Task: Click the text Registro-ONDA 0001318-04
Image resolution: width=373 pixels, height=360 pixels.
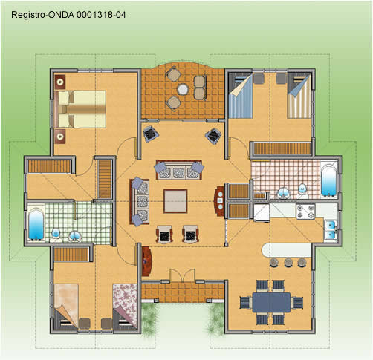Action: pos(68,15)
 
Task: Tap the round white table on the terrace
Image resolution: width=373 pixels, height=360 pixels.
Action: pos(183,89)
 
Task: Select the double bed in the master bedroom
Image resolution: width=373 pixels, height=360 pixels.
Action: pos(80,109)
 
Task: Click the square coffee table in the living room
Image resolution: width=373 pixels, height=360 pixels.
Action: pos(175,201)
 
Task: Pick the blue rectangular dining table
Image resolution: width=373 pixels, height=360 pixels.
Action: pos(271,302)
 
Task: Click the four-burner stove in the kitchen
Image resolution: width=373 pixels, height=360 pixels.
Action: pos(305,212)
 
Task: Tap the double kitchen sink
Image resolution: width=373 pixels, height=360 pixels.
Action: pos(331,230)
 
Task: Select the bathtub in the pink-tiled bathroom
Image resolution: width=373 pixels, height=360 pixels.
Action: pos(328,180)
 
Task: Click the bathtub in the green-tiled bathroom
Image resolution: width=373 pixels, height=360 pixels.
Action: pos(36,223)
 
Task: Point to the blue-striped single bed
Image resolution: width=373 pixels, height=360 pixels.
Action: pos(241,96)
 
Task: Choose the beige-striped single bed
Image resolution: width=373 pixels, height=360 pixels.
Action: pos(299,96)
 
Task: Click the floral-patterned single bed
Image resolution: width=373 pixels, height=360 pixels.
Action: pos(125,307)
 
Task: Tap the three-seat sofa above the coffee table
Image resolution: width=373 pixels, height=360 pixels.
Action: pos(179,170)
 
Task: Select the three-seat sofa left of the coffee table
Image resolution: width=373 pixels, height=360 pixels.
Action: pos(140,202)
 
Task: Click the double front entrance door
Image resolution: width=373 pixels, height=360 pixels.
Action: pos(183,275)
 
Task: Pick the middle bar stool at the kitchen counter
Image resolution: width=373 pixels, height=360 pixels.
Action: pos(288,262)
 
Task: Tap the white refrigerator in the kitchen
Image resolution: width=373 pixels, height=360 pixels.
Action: pos(262,212)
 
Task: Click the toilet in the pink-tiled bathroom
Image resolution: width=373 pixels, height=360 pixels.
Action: pos(302,192)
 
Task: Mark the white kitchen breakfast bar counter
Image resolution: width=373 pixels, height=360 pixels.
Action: pos(287,250)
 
